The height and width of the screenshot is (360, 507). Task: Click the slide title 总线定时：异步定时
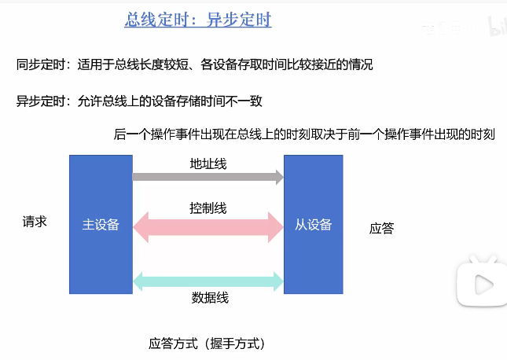(198, 20)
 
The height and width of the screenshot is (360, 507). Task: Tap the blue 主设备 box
(101, 224)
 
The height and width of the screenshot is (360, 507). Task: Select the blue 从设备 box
(314, 224)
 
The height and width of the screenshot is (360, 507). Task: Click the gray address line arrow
(207, 177)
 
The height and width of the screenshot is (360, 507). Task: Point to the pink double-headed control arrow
(208, 227)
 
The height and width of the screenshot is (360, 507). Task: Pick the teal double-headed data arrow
(208, 281)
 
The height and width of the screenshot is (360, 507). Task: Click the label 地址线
(208, 163)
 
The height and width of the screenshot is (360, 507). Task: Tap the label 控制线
(208, 208)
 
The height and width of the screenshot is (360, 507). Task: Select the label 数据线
(208, 298)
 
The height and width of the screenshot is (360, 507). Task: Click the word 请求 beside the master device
(35, 222)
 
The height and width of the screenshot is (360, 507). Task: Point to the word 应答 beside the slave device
(381, 229)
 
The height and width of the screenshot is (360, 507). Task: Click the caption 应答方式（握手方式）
(207, 343)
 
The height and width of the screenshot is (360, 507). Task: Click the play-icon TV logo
(479, 280)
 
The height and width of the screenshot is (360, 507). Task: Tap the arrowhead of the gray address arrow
(277, 177)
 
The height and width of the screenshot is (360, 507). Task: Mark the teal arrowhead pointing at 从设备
(277, 281)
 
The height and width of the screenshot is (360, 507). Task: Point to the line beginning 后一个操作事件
(303, 134)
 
